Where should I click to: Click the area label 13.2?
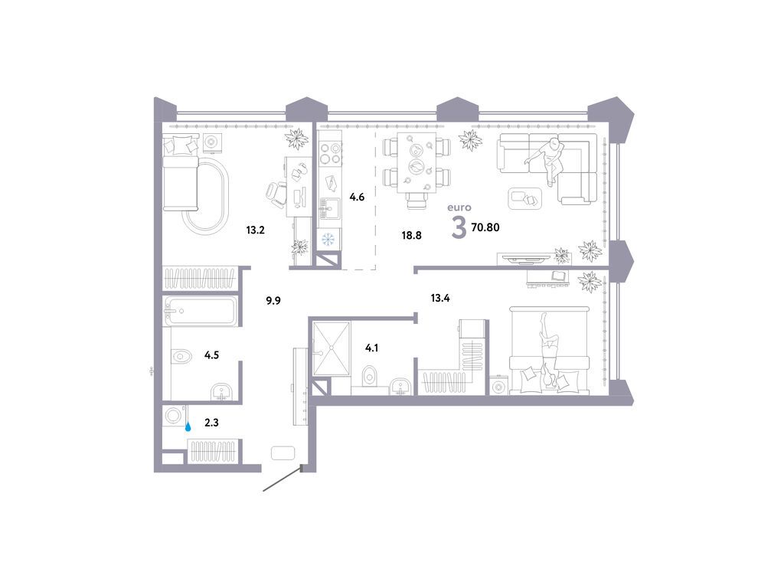[x=255, y=229]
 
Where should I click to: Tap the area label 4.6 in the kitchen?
[x=357, y=197]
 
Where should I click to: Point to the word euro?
[x=460, y=207]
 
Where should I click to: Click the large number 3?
[x=459, y=228]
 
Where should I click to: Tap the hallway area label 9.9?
[x=273, y=301]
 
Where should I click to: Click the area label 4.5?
[x=213, y=354]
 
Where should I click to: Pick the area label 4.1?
[x=371, y=348]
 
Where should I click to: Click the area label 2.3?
[x=211, y=420]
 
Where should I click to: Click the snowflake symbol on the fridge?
[x=328, y=240]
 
